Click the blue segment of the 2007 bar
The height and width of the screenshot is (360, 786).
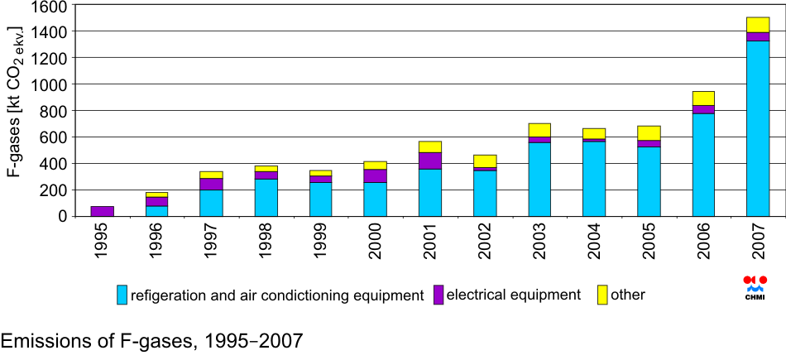(758, 128)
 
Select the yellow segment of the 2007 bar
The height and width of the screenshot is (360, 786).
(758, 25)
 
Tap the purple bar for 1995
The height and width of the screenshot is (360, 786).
(103, 211)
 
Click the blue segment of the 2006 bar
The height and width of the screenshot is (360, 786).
(703, 165)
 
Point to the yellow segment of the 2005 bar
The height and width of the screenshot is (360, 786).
(649, 133)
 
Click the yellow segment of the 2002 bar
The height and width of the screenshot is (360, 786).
(485, 161)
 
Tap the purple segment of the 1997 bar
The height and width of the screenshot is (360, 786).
(212, 184)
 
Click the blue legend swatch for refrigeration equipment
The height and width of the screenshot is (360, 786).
(122, 295)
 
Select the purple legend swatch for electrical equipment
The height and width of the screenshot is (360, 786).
(439, 295)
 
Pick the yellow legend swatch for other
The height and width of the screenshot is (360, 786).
(602, 295)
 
